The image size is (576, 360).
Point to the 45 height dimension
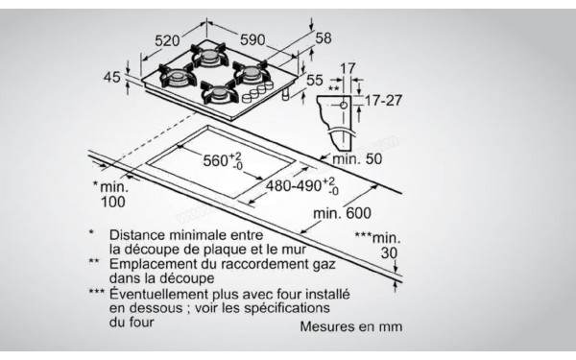click(x=113, y=78)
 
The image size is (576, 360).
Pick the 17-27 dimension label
click(x=382, y=100)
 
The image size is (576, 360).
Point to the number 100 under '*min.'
click(x=112, y=201)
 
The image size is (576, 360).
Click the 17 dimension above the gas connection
click(x=347, y=68)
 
